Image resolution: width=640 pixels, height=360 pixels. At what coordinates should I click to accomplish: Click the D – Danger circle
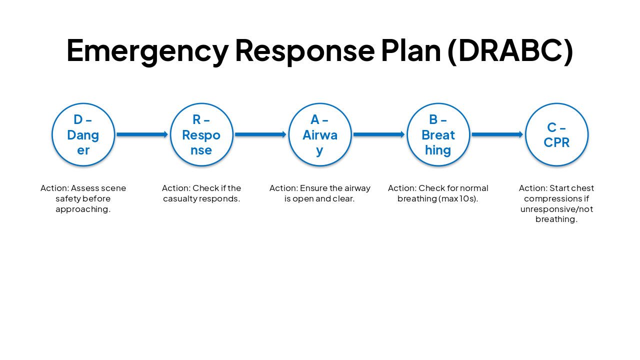(x=83, y=134)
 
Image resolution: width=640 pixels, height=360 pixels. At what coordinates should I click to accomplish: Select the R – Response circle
(x=201, y=134)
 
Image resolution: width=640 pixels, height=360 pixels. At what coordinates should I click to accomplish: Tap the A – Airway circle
(x=320, y=134)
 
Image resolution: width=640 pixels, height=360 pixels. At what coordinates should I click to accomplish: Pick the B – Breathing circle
(x=438, y=134)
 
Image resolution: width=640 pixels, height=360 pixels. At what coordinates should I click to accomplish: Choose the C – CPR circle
(x=556, y=134)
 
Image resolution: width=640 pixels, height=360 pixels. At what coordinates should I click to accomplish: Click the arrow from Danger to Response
(x=142, y=134)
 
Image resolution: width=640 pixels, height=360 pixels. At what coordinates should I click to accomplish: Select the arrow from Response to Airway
(x=260, y=134)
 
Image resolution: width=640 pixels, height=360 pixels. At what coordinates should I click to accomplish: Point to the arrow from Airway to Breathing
(x=379, y=134)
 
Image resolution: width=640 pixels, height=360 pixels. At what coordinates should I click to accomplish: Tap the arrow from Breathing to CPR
(x=497, y=134)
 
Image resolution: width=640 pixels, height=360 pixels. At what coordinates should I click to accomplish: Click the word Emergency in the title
(x=147, y=50)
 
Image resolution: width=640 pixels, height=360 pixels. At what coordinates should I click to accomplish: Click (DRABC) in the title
(x=510, y=50)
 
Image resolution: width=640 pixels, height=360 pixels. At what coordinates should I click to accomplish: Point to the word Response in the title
(x=304, y=50)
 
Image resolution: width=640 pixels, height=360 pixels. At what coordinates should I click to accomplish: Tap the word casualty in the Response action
(x=180, y=198)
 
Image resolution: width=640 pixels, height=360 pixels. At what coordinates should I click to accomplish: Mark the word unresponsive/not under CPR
(x=556, y=209)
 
